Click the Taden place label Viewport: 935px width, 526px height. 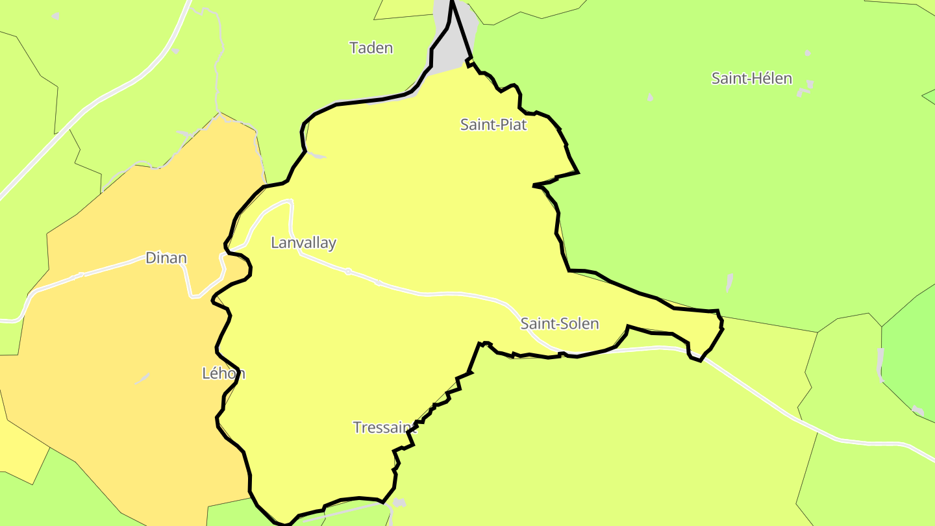[x=371, y=48]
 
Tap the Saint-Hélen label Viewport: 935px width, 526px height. [x=751, y=79]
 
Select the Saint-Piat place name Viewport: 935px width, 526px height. [x=493, y=124]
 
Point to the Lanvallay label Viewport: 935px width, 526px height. [x=303, y=243]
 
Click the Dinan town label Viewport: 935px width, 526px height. [x=166, y=258]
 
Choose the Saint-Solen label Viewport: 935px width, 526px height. [x=559, y=323]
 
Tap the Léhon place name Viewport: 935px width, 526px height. [x=223, y=373]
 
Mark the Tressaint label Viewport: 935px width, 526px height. [x=385, y=427]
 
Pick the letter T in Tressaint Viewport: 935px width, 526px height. [x=357, y=427]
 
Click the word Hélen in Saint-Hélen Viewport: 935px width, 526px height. [x=773, y=79]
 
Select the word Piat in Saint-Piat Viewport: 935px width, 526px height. [x=513, y=124]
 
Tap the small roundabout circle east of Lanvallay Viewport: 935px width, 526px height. [x=348, y=271]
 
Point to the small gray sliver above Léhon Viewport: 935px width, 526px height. [x=142, y=378]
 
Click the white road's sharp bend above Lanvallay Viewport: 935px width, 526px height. [x=290, y=202]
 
